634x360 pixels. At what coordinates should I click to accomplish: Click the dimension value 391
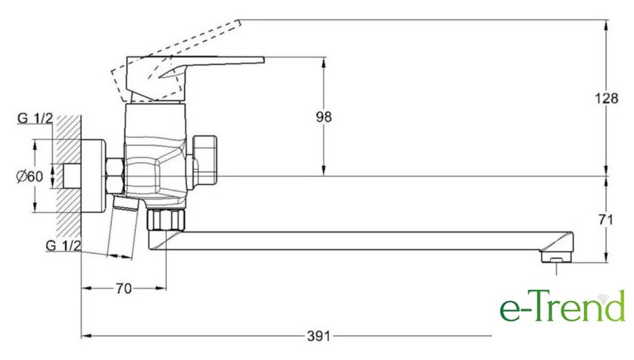point(319,336)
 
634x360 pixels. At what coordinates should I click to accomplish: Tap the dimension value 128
point(606,98)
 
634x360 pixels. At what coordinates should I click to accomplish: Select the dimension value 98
point(324,117)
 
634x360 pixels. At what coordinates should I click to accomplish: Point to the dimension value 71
point(605,220)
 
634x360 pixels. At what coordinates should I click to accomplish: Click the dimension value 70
point(124,289)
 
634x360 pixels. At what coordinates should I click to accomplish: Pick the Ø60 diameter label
point(29,177)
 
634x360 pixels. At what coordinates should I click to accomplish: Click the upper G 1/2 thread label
point(35,118)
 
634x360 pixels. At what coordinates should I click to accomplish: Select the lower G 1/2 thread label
point(63,245)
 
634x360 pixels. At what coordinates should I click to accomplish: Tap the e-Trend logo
point(562,306)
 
